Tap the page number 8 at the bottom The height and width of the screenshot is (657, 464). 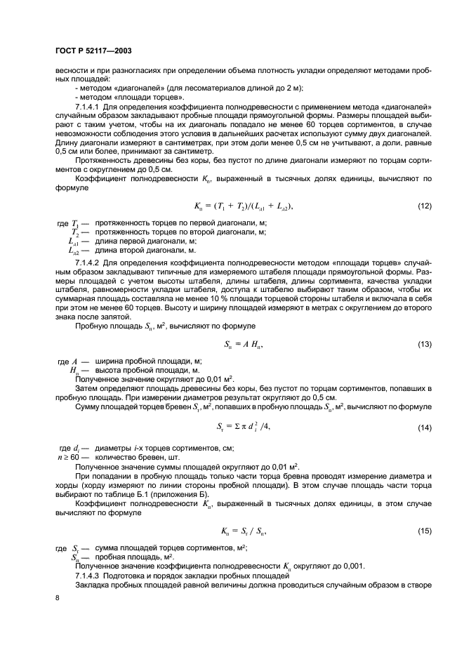tap(58, 597)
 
